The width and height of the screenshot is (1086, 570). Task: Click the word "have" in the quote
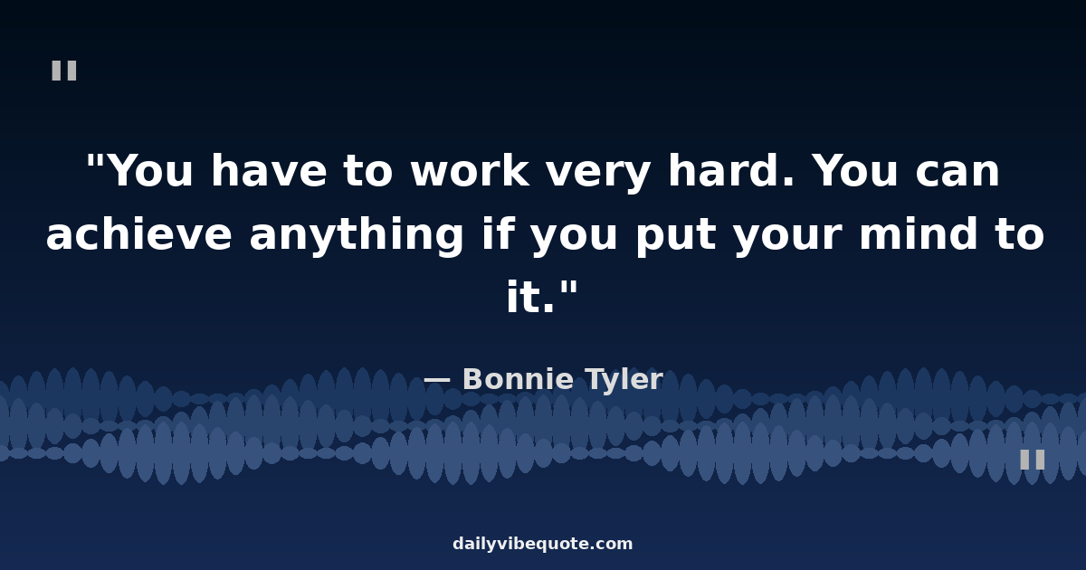pyautogui.click(x=269, y=170)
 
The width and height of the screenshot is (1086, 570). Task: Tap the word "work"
pyautogui.click(x=470, y=170)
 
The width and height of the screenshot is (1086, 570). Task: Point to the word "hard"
pyautogui.click(x=731, y=170)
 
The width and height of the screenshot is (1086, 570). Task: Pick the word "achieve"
pyautogui.click(x=138, y=233)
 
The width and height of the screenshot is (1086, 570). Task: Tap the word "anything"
pyautogui.click(x=357, y=236)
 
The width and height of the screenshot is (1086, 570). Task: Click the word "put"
pyautogui.click(x=676, y=237)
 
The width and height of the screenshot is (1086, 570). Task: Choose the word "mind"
pyautogui.click(x=919, y=233)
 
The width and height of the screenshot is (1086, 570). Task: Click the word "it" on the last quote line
pyautogui.click(x=524, y=296)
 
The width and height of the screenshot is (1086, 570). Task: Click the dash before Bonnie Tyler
pyautogui.click(x=437, y=381)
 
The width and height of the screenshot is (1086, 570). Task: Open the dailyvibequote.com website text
pyautogui.click(x=542, y=545)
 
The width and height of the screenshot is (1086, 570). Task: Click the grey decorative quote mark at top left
pyautogui.click(x=64, y=71)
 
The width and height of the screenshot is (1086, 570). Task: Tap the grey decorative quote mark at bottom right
pyautogui.click(x=1033, y=460)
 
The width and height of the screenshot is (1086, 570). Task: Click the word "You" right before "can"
pyautogui.click(x=854, y=170)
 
